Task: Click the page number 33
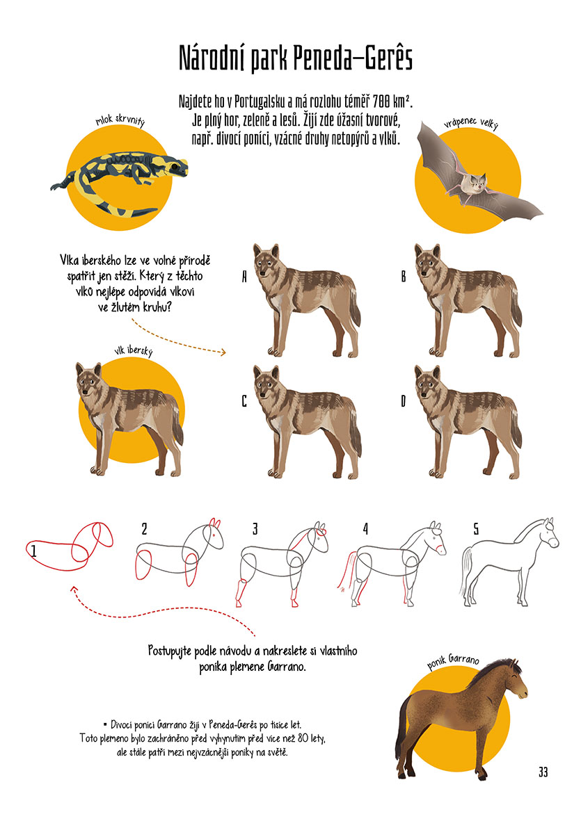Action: [543, 772]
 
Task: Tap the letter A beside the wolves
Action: [244, 276]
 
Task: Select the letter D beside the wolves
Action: [404, 401]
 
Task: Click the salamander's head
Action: [175, 167]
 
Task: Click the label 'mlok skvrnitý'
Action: [120, 120]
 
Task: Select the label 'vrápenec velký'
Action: [471, 122]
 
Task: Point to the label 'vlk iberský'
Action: [134, 350]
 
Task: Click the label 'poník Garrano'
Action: [453, 661]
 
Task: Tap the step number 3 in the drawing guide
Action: [255, 529]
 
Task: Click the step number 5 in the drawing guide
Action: [476, 529]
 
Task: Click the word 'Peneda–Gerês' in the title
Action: [353, 58]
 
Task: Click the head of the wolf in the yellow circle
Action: [90, 382]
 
